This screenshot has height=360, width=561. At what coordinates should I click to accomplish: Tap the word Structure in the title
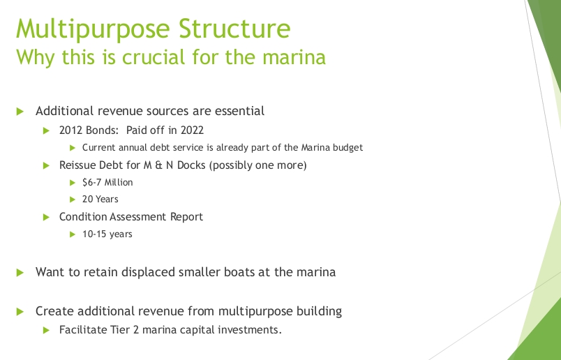pyautogui.click(x=234, y=29)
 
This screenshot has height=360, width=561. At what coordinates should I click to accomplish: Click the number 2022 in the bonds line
pyautogui.click(x=192, y=130)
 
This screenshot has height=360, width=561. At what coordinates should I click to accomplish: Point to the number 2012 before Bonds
pyautogui.click(x=71, y=130)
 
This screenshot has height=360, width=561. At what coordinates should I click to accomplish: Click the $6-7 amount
pyautogui.click(x=91, y=182)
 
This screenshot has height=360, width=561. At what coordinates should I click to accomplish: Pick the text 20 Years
pyautogui.click(x=100, y=199)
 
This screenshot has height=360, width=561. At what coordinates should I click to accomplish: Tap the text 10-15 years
pyautogui.click(x=107, y=234)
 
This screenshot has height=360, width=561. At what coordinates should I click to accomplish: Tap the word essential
pyautogui.click(x=240, y=111)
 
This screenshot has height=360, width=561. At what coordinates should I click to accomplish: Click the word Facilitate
pyautogui.click(x=82, y=329)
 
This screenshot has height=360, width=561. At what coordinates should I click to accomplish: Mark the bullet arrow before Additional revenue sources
pyautogui.click(x=20, y=112)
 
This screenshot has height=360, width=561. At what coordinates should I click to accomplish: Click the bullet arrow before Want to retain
pyautogui.click(x=20, y=273)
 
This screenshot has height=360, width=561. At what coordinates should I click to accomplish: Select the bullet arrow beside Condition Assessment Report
pyautogui.click(x=46, y=217)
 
